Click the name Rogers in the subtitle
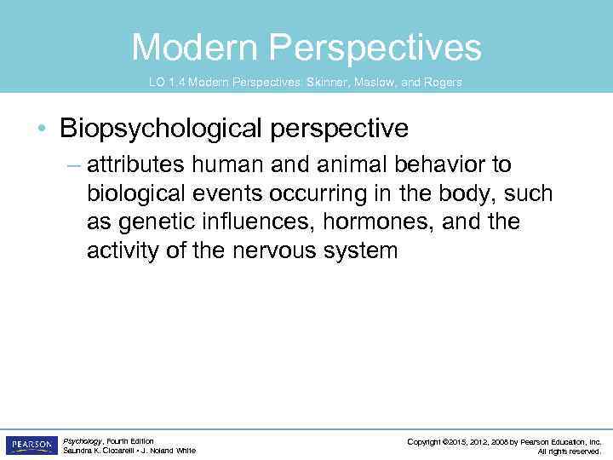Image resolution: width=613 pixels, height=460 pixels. [x=440, y=82]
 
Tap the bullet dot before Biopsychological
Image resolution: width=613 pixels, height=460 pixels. [x=42, y=129]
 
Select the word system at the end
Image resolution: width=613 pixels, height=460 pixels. [x=361, y=250]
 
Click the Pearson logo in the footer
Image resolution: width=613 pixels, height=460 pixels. [x=31, y=445]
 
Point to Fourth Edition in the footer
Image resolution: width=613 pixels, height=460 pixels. [x=130, y=440]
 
